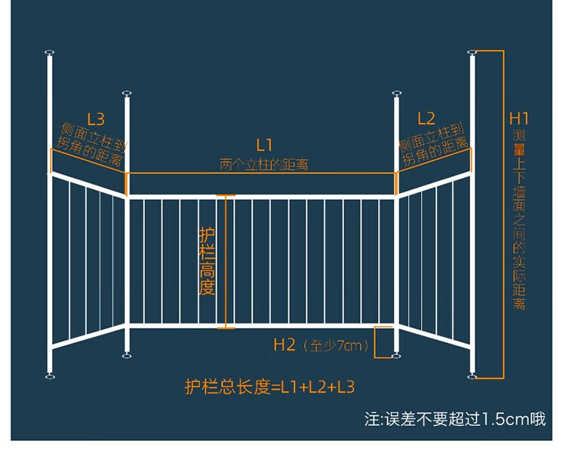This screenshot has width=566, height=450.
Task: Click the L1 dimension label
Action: (x=264, y=145)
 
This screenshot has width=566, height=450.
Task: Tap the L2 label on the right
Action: (x=426, y=118)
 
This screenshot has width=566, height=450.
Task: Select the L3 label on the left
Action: (x=96, y=119)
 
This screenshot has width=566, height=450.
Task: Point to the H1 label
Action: (x=518, y=118)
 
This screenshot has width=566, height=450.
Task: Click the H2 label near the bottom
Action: (x=285, y=344)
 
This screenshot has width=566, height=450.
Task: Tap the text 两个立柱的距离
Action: (x=264, y=165)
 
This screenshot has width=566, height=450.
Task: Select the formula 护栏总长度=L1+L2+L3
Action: (x=269, y=387)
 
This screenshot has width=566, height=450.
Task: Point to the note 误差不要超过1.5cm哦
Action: (x=465, y=419)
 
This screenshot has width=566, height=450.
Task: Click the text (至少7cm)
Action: (x=335, y=346)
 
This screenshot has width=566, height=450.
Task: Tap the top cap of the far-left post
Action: (x=50, y=53)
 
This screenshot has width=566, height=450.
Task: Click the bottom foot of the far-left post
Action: (x=50, y=376)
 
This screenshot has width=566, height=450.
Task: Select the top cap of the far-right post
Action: (x=472, y=53)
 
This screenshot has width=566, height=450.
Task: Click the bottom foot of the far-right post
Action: (x=472, y=376)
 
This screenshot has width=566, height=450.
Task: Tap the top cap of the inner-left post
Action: (x=127, y=93)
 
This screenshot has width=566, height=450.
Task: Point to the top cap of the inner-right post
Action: (x=397, y=93)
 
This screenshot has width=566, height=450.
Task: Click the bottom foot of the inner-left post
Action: (x=127, y=356)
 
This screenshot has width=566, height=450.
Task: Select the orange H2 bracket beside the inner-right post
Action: (x=375, y=342)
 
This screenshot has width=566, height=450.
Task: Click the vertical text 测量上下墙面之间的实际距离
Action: (x=519, y=219)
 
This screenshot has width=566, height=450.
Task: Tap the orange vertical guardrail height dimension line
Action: (x=226, y=262)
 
